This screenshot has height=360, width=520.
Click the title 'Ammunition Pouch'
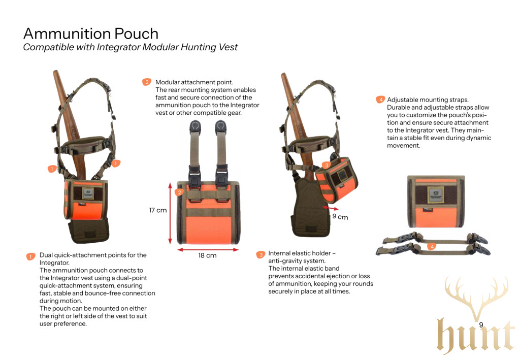click(91, 34)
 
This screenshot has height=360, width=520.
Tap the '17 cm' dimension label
click(158, 210)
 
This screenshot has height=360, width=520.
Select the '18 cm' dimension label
click(207, 255)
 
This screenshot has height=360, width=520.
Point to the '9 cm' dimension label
click(340, 217)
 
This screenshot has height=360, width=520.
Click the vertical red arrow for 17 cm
click(170, 213)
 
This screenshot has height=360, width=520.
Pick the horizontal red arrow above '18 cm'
click(208, 250)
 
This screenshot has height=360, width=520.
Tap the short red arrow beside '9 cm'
click(330, 208)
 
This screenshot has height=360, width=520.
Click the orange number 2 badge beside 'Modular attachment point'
click(147, 82)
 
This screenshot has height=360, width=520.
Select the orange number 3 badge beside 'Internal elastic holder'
click(261, 254)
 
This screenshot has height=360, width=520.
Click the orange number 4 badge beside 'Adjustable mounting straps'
click(380, 100)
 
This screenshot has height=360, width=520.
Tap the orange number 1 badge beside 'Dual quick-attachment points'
click(31, 256)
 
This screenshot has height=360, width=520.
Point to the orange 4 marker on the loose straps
click(432, 246)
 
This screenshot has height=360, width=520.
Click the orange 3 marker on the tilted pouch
click(327, 165)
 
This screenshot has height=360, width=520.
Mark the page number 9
click(481, 325)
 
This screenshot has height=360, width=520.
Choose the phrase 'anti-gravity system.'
click(297, 261)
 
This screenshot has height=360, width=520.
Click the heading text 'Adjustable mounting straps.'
click(428, 100)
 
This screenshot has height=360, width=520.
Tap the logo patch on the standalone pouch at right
click(435, 193)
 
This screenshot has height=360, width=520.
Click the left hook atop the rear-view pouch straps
click(196, 127)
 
